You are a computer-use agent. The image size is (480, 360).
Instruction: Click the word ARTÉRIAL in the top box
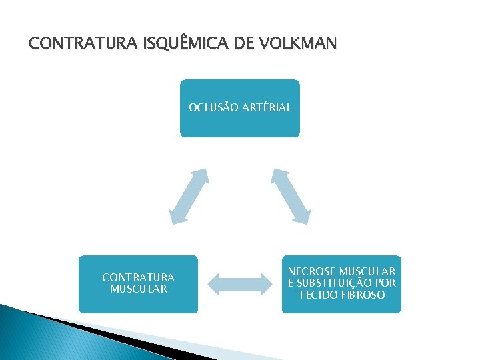(x=267, y=107)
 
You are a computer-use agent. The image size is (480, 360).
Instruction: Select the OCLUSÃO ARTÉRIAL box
(x=240, y=120)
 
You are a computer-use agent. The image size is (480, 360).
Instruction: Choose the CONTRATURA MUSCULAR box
(x=139, y=300)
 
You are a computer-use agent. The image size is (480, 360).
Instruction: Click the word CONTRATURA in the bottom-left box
(x=139, y=277)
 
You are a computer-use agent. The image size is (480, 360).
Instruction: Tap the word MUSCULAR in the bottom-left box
(x=139, y=289)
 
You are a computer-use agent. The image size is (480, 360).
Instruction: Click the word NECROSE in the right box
(x=312, y=272)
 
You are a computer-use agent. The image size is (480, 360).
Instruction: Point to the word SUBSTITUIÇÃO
(x=333, y=283)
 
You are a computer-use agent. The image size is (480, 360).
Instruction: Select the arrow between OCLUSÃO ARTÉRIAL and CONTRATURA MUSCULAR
(x=189, y=195)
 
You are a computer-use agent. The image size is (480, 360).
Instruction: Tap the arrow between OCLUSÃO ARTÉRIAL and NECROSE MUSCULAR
(x=291, y=195)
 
